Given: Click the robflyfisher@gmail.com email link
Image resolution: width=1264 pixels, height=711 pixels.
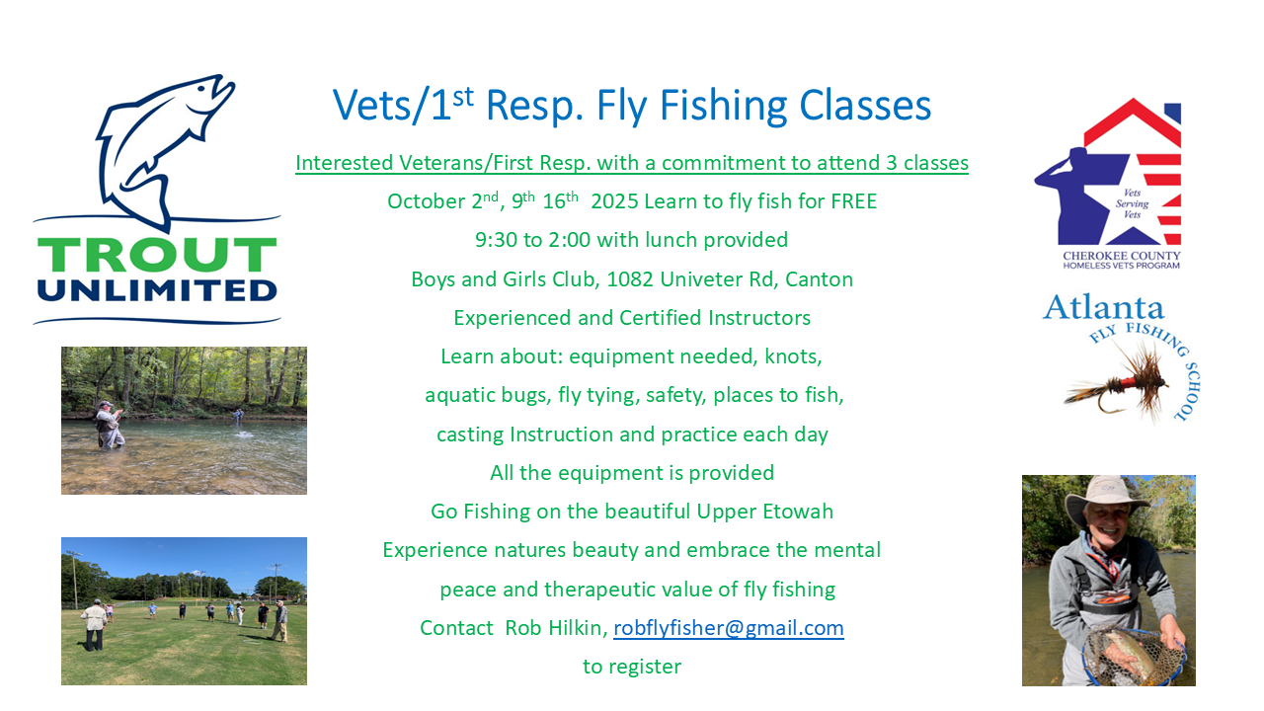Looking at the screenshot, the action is tap(729, 628).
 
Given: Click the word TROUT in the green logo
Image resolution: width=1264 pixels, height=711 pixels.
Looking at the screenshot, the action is tap(157, 255).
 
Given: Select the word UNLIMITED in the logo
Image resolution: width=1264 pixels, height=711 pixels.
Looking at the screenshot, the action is tap(157, 290).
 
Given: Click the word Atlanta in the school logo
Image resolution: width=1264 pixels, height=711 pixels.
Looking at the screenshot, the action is tap(1103, 308).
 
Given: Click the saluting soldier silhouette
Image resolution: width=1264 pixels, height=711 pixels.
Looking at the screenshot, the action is tap(1066, 192).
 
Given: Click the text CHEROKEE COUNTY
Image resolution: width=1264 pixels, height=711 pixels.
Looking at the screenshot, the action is tap(1122, 256).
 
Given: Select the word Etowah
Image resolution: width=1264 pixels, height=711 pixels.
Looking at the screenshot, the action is tap(798, 512).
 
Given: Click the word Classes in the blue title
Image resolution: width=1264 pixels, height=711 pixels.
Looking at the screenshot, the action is tap(865, 106).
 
